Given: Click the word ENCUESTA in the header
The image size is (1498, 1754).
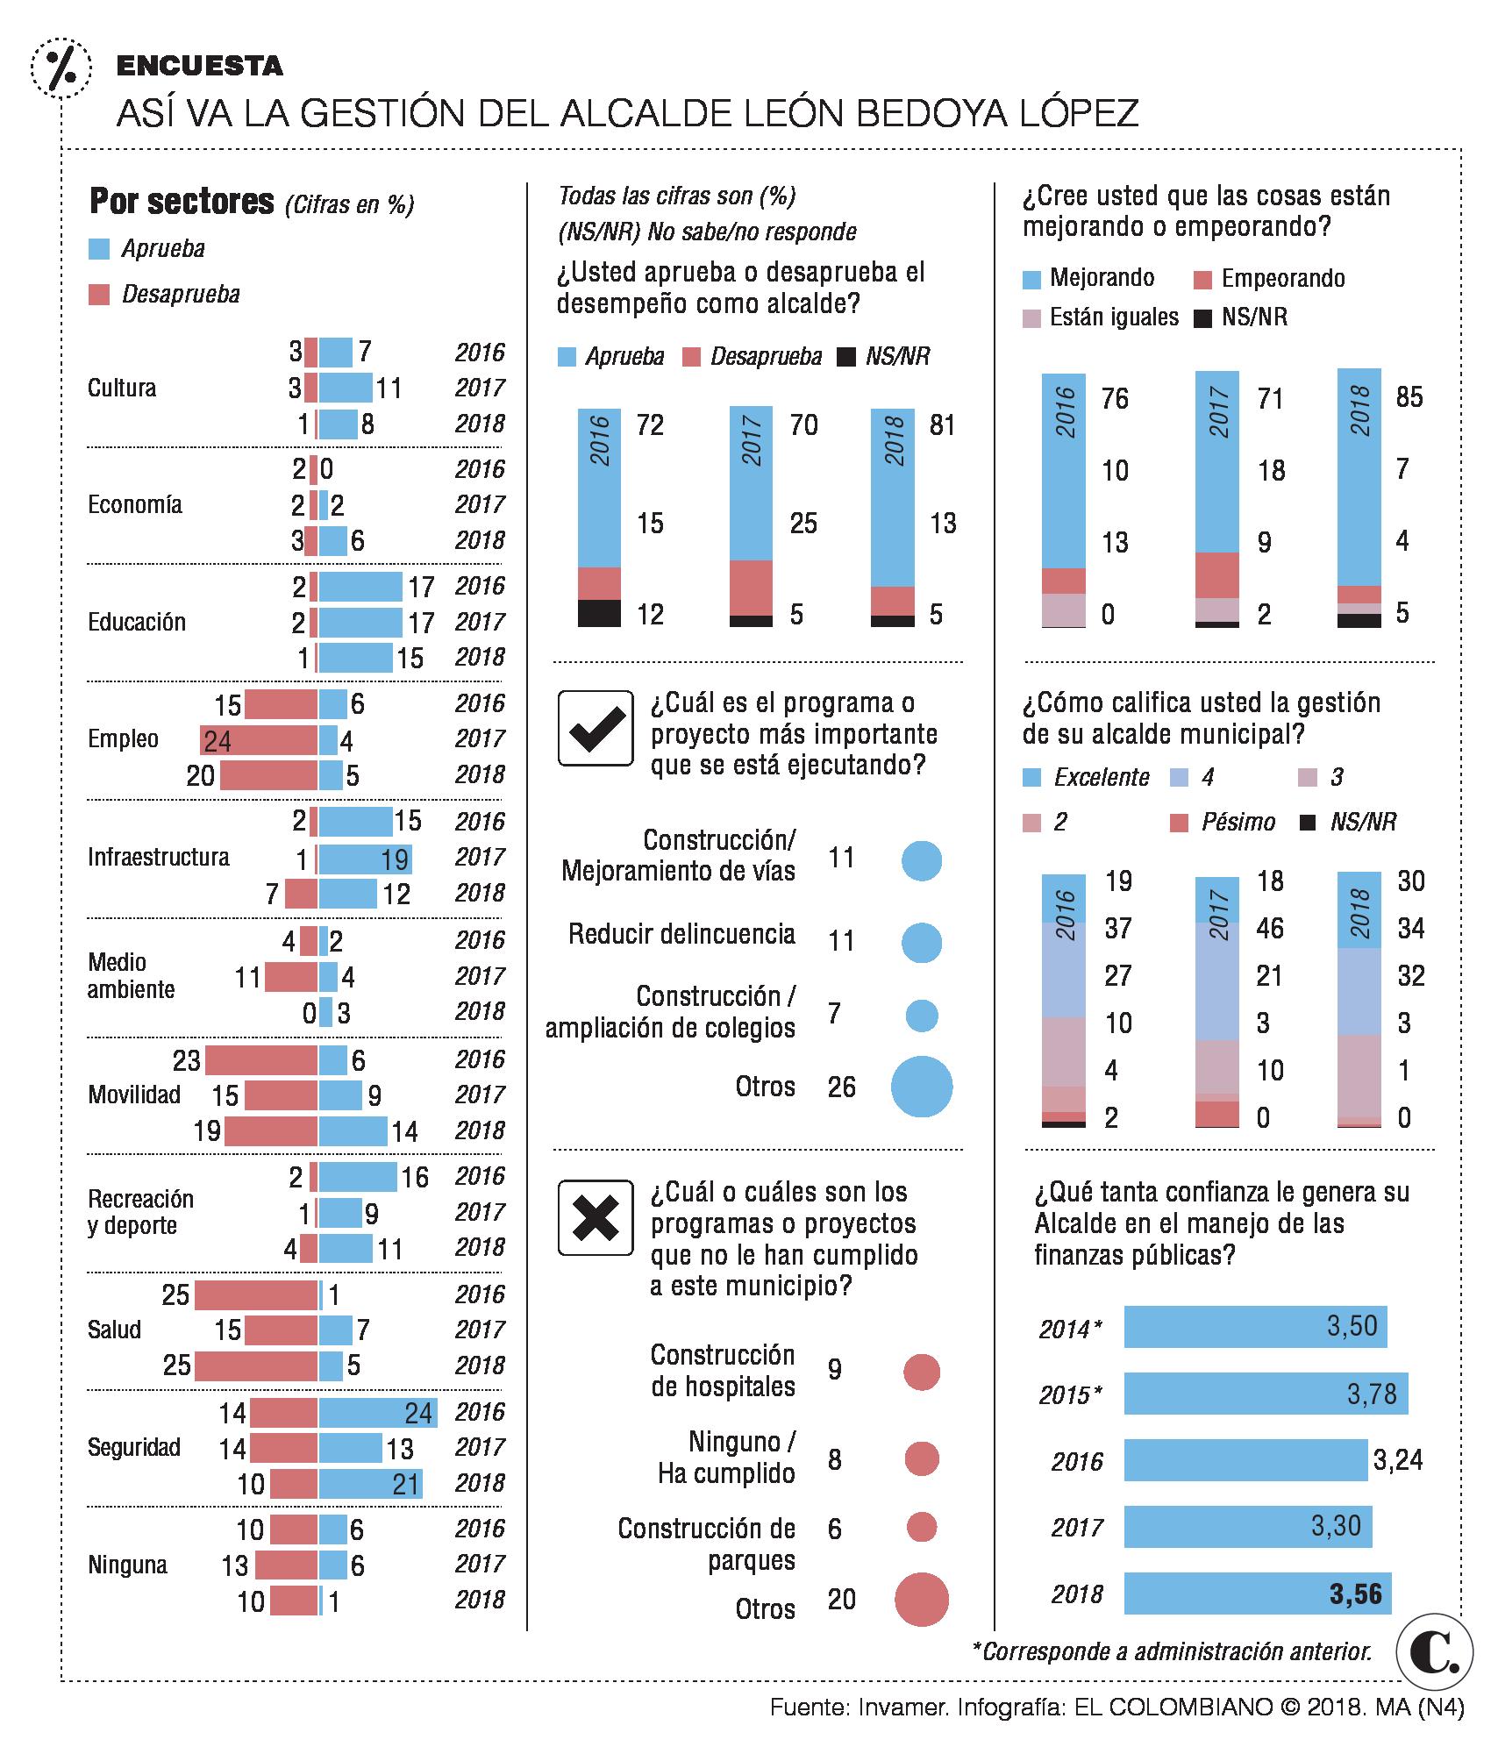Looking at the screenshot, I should [200, 66].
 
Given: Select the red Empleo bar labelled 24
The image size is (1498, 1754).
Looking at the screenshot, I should [259, 740].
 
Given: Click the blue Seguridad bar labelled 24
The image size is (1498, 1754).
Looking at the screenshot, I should [378, 1412].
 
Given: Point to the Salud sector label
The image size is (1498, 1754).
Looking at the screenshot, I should [114, 1330].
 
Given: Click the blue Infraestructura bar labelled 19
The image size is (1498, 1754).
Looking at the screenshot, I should [365, 858].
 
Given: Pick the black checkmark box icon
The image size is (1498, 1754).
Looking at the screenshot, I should [596, 728].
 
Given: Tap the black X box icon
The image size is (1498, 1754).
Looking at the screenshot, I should [596, 1217].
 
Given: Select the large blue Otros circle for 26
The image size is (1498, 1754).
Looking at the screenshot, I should [921, 1087].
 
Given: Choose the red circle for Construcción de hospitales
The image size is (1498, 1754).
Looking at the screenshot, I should [921, 1372].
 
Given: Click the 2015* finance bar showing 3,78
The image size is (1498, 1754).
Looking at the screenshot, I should [1266, 1394].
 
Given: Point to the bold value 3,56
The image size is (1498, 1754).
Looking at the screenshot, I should [1355, 1594].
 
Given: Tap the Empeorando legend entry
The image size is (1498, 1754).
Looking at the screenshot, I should [1269, 279].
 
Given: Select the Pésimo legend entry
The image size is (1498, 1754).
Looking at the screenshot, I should [1223, 822].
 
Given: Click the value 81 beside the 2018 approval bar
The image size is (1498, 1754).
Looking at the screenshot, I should [943, 425].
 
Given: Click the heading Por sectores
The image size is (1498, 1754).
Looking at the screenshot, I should [182, 202].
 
